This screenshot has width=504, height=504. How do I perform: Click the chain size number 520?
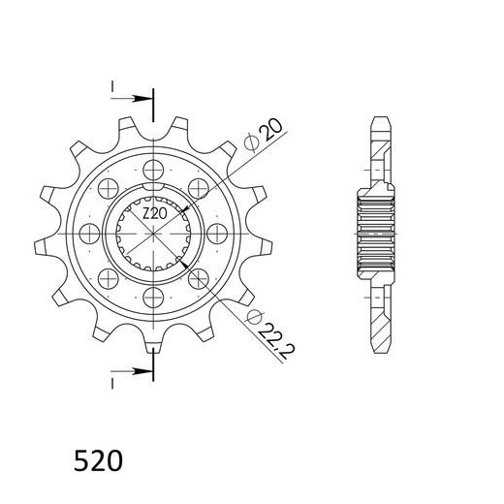tap(98, 460)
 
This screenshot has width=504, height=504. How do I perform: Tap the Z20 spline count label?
tap(155, 213)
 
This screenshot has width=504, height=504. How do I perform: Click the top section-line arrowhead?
tap(142, 98)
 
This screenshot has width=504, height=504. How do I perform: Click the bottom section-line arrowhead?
tap(142, 371)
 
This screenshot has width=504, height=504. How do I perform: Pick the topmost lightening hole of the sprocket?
tap(153, 170)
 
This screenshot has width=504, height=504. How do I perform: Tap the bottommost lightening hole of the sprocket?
tap(153, 297)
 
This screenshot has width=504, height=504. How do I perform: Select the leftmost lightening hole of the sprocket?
tap(89, 234)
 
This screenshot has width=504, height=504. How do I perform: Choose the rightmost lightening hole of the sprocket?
tap(217, 234)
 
